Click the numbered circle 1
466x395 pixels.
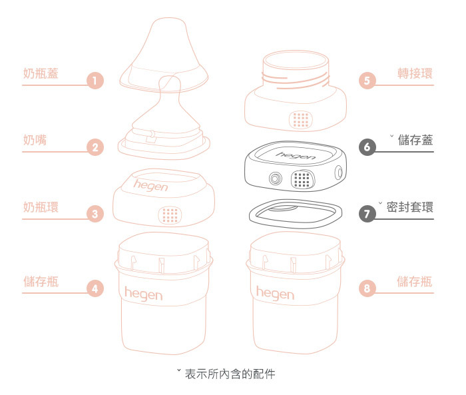(x=96, y=82)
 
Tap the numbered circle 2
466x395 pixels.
(x=96, y=148)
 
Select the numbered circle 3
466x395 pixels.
(x=96, y=214)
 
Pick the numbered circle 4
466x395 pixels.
(x=96, y=288)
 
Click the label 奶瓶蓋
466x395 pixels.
(x=41, y=73)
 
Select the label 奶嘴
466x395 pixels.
(x=35, y=140)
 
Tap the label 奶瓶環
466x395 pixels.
(x=41, y=206)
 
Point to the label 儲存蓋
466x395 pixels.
(x=415, y=140)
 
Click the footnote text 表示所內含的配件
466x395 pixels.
(x=230, y=374)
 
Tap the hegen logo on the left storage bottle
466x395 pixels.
(x=143, y=293)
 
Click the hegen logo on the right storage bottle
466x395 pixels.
(x=275, y=293)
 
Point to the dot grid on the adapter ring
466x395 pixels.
(x=301, y=120)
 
